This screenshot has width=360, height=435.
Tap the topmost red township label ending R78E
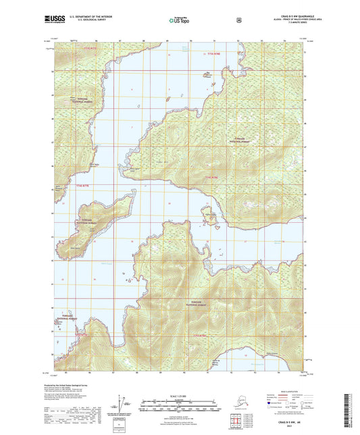[214, 53]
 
